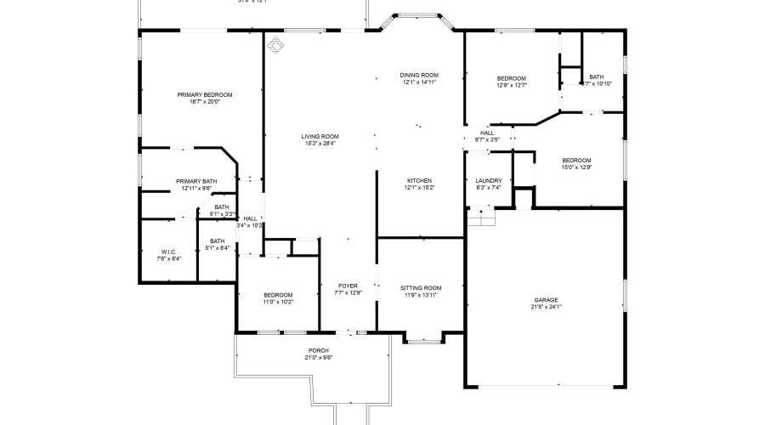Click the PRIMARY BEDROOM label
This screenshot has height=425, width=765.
(x=204, y=94)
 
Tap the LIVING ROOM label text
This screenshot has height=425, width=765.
(x=320, y=136)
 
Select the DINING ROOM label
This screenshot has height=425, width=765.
(x=419, y=75)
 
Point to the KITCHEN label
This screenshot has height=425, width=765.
(x=419, y=180)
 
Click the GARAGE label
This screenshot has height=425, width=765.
(x=546, y=299)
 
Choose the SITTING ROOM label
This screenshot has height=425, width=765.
(x=421, y=287)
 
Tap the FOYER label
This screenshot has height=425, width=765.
(x=348, y=286)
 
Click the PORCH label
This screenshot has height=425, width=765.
(x=318, y=350)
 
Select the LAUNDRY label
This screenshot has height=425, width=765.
(x=488, y=180)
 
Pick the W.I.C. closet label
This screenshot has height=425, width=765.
(x=168, y=252)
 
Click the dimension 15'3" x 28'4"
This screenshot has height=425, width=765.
(x=320, y=143)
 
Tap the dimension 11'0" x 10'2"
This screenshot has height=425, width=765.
(x=278, y=301)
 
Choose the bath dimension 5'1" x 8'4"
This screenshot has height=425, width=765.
(x=217, y=248)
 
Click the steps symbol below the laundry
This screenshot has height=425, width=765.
(x=481, y=218)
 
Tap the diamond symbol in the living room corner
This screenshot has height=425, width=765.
(x=275, y=44)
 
